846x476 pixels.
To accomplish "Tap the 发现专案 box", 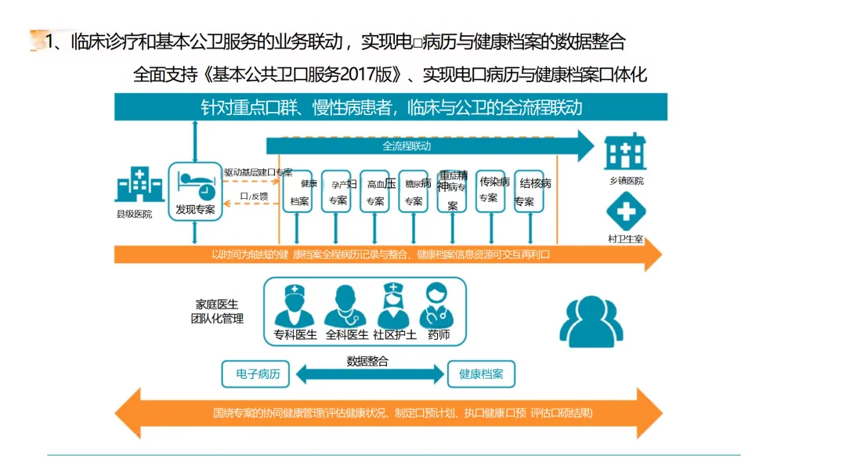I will pyautogui.click(x=195, y=191).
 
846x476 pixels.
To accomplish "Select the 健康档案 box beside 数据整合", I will pyautogui.click(x=481, y=374).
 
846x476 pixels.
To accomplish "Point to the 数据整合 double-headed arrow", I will pyautogui.click(x=367, y=375).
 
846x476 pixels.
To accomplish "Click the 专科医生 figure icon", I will pyautogui.click(x=295, y=306).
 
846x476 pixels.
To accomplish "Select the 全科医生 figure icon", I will pyautogui.click(x=345, y=306).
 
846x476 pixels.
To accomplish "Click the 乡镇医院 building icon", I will pyautogui.click(x=625, y=152).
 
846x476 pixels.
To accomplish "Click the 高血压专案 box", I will pyautogui.click(x=375, y=192).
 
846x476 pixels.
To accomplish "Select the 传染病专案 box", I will pyautogui.click(x=490, y=190).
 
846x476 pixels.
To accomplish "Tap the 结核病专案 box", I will pyautogui.click(x=529, y=192).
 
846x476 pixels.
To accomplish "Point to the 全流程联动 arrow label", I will pyautogui.click(x=407, y=146).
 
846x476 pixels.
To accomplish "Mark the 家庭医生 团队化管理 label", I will pyautogui.click(x=217, y=311).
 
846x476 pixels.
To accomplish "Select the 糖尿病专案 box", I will pyautogui.click(x=414, y=192).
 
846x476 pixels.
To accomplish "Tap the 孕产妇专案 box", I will pyautogui.click(x=337, y=192).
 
